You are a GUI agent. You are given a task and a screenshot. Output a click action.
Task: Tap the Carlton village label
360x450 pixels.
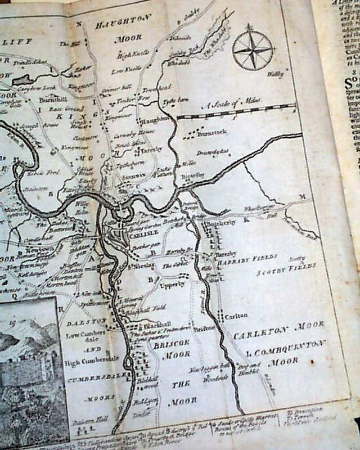pyautogui.click(x=236, y=316)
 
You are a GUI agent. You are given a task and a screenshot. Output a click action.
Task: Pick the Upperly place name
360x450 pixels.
pyautogui.click(x=173, y=285)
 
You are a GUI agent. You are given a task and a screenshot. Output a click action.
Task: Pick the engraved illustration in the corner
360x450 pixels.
pyautogui.click(x=31, y=371)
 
